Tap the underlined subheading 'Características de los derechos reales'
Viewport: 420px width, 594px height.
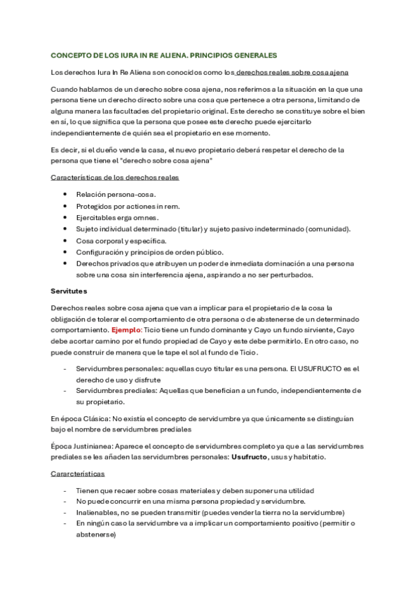point(115,178)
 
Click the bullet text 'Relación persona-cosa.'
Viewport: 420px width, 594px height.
point(116,194)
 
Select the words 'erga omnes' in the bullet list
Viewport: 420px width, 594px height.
point(140,217)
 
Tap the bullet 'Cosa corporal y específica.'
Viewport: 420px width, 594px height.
point(121,240)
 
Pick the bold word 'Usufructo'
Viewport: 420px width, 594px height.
point(250,457)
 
